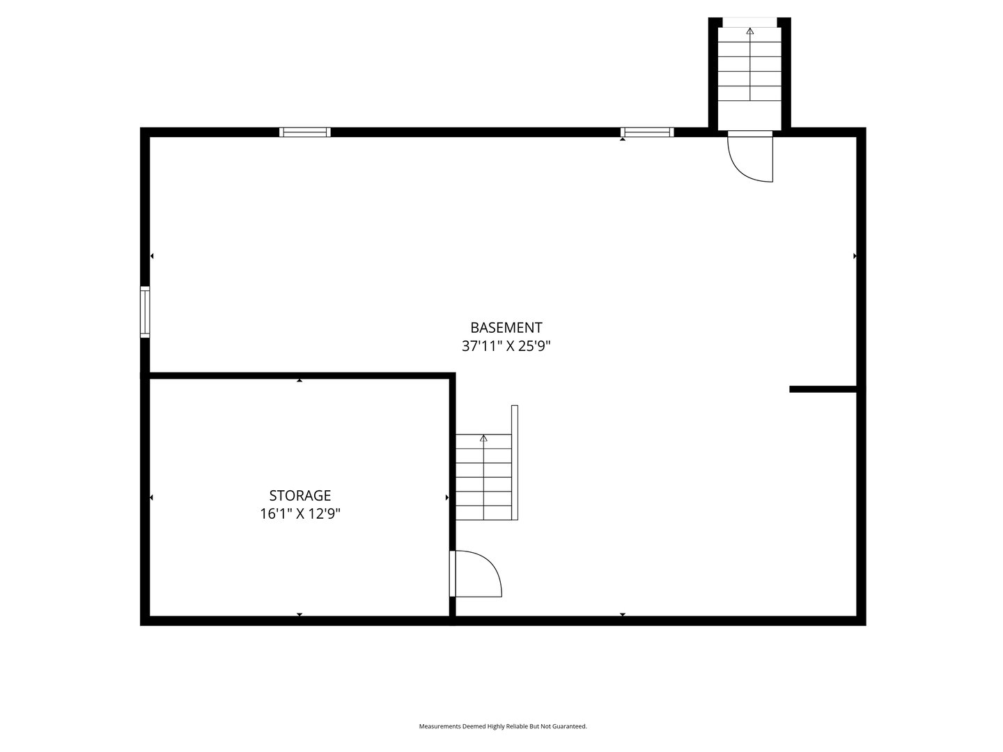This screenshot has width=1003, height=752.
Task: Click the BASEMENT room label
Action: point(506,327)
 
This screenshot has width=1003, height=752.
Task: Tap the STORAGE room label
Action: point(300,496)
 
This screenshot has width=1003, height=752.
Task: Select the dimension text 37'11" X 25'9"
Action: point(506,346)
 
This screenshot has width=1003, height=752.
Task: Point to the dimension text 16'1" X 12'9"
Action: point(300,515)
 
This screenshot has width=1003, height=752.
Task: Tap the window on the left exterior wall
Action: point(145,312)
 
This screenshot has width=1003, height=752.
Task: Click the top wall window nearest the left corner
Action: point(304,132)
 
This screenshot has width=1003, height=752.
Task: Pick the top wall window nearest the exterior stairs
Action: point(646,132)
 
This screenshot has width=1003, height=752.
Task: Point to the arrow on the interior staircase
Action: point(483,438)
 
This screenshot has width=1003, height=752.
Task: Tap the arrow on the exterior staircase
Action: point(749,31)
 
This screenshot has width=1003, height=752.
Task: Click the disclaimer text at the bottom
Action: point(502,726)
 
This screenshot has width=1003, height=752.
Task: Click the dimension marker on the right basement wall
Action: point(855,256)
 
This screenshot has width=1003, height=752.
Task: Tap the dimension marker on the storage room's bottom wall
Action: point(300,614)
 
